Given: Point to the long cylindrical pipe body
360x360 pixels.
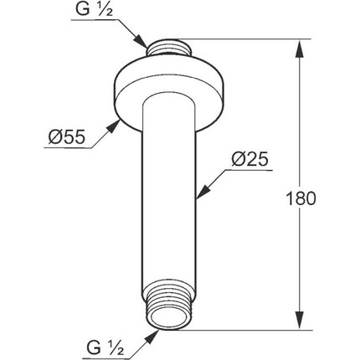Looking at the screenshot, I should point(172,201).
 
